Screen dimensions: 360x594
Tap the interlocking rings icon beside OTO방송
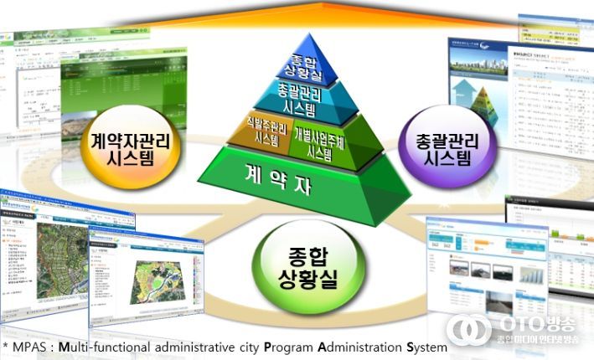[469, 329]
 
